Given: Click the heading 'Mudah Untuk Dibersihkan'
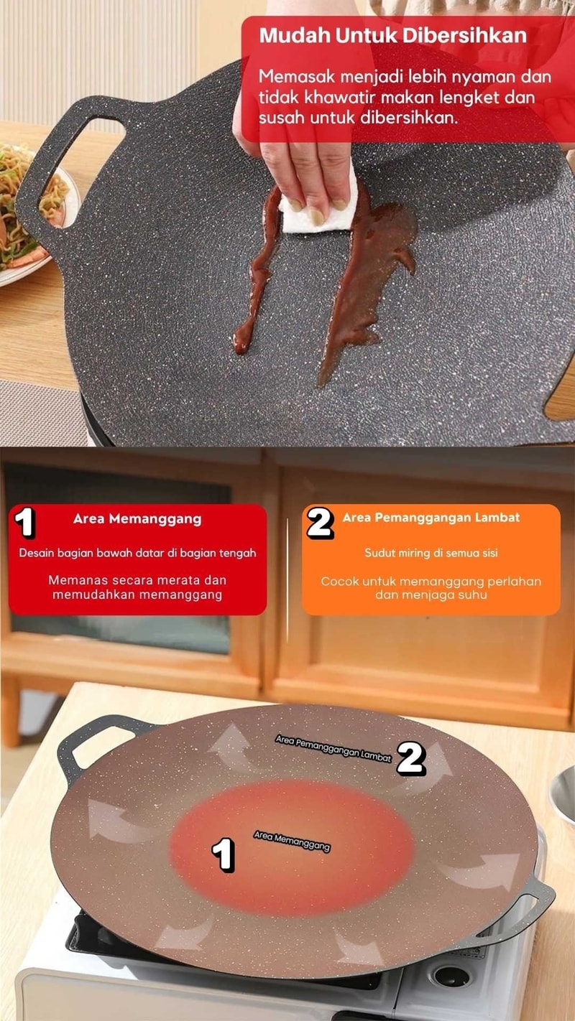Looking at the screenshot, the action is (x=393, y=35).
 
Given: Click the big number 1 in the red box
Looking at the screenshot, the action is (x=24, y=522).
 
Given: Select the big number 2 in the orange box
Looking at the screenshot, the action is (x=320, y=523).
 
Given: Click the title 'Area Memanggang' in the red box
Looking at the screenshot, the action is (x=137, y=519).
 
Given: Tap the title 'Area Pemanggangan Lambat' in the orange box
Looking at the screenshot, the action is (x=431, y=518).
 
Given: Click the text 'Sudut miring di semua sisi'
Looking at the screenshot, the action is (x=431, y=553).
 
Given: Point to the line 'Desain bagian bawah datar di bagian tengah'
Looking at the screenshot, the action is (x=137, y=553).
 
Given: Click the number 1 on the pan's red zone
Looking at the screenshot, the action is (x=223, y=854).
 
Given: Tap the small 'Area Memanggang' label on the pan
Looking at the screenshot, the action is (x=292, y=841).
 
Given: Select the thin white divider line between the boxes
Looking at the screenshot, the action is (x=287, y=579).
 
